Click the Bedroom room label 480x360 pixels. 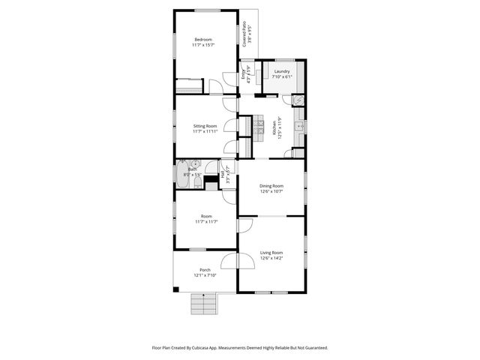(203, 40)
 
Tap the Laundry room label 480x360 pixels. (281, 72)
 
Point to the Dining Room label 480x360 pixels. (271, 185)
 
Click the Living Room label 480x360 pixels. (271, 253)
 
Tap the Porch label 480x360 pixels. (204, 270)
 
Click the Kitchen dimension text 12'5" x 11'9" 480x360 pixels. (279, 127)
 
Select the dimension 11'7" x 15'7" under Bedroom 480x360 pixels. (203, 46)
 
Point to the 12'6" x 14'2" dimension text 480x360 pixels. (271, 259)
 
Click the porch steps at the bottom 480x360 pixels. (203, 302)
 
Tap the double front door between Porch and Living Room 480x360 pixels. (238, 260)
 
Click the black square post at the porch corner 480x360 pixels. (175, 289)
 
